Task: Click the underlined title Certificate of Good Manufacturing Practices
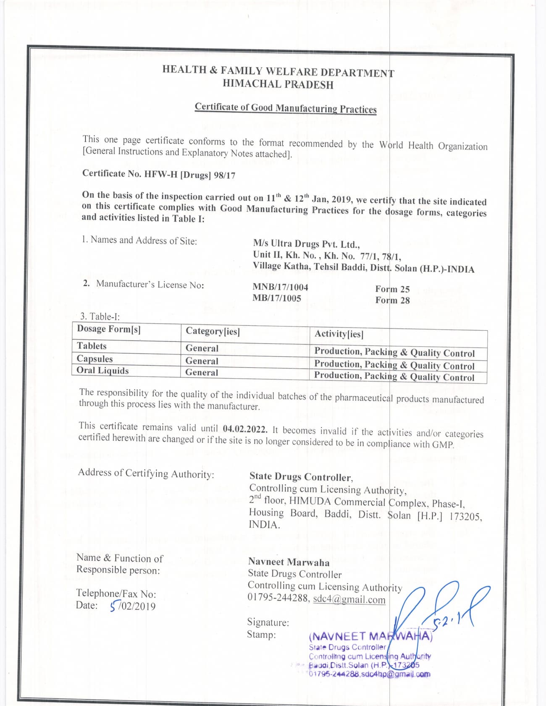pyautogui.click(x=286, y=108)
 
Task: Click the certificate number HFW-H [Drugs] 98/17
pyautogui.click(x=189, y=175)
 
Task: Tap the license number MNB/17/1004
pyautogui.click(x=280, y=287)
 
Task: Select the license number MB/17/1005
pyautogui.click(x=277, y=298)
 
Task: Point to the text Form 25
pyautogui.click(x=392, y=289)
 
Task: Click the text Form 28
pyautogui.click(x=392, y=301)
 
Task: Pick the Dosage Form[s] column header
pyautogui.click(x=109, y=329)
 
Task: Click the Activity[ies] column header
pyautogui.click(x=339, y=334)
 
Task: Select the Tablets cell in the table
pyautogui.click(x=92, y=346)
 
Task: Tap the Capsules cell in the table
pyautogui.click(x=94, y=359)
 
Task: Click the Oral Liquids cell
pyautogui.click(x=102, y=371)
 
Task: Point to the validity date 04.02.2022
pyautogui.click(x=245, y=429)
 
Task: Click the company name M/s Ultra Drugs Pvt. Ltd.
pyautogui.click(x=306, y=244)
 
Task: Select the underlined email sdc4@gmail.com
pyautogui.click(x=349, y=599)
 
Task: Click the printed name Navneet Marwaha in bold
pyautogui.click(x=289, y=562)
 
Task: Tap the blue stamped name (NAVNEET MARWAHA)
pyautogui.click(x=370, y=636)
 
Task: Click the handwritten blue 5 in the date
pyautogui.click(x=113, y=606)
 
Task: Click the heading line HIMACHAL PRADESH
pyautogui.click(x=278, y=84)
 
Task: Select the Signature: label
pyautogui.click(x=268, y=622)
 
